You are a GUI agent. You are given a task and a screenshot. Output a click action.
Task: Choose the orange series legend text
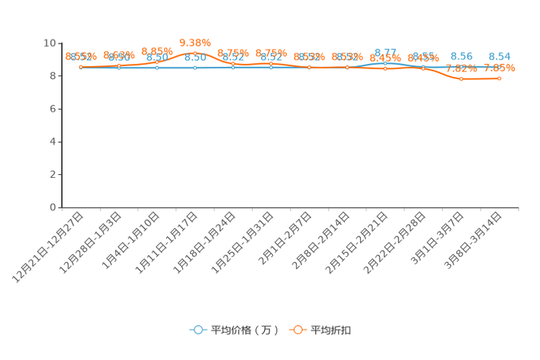click(332, 330)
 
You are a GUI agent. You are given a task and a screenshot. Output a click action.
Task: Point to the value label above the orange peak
click(195, 42)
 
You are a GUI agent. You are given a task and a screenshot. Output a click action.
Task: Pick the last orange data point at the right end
click(499, 78)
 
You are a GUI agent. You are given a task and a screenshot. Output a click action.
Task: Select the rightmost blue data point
click(499, 67)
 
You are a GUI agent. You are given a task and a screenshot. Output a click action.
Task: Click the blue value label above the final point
click(499, 56)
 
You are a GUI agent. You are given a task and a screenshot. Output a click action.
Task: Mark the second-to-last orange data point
click(461, 78)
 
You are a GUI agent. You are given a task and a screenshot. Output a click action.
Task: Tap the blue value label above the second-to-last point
click(461, 56)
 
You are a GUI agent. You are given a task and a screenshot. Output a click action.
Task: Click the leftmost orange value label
click(81, 57)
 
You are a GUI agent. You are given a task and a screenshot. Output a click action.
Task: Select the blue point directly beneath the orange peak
click(195, 67)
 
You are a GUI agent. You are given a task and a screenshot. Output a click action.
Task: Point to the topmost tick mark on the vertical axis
click(60, 43)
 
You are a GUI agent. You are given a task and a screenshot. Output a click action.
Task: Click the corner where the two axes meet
click(62, 208)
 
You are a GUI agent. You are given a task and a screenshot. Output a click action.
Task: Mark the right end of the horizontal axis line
click(519, 208)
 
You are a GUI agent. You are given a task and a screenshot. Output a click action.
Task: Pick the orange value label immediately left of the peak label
click(157, 51)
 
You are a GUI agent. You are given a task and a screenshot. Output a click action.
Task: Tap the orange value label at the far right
click(501, 68)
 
